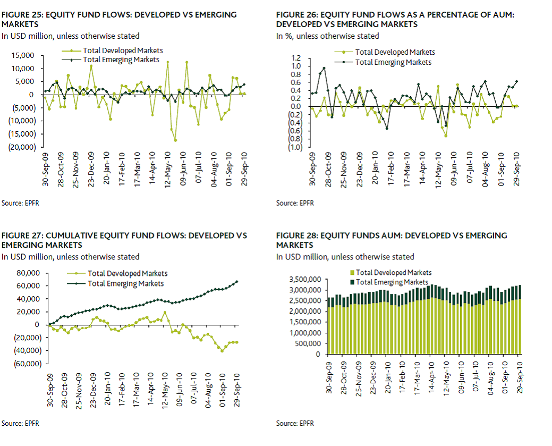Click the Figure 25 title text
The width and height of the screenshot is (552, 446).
[119, 19]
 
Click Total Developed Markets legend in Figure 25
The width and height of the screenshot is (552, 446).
[123, 51]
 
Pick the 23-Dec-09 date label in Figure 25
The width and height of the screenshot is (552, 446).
[91, 169]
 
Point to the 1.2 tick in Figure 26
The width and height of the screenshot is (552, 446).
[296, 58]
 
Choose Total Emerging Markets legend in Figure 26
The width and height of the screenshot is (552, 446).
[393, 62]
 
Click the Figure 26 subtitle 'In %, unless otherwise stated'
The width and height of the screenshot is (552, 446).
[327, 36]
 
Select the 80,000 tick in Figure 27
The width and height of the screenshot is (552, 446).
[29, 273]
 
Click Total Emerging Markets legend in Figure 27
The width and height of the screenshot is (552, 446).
[126, 284]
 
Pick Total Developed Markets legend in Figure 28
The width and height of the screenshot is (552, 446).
[393, 272]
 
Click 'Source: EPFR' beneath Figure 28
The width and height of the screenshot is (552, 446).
[295, 424]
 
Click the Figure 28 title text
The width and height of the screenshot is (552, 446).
[392, 240]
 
